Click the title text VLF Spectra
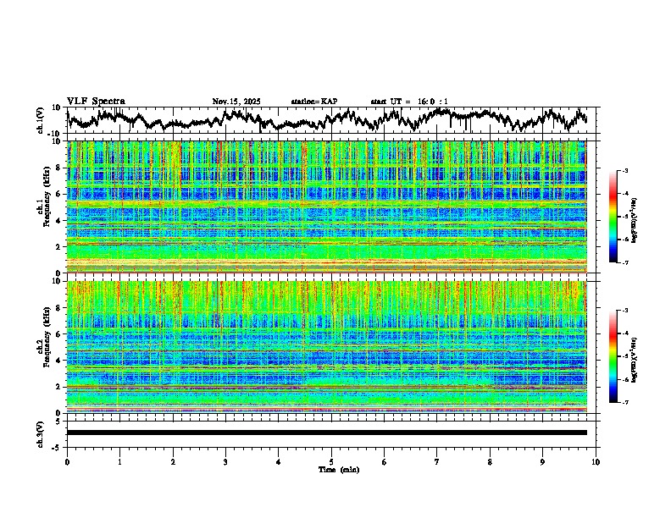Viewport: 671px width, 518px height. tap(96, 102)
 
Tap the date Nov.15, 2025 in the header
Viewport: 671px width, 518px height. tap(236, 102)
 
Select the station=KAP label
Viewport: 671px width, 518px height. tap(313, 102)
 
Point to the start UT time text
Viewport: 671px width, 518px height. tap(409, 102)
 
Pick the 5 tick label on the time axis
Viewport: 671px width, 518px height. tap(331, 461)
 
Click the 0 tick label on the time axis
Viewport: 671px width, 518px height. tap(67, 461)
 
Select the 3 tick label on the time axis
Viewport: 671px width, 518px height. tap(225, 461)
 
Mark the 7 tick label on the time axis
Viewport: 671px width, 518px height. tap(437, 461)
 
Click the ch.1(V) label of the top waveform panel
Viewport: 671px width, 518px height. tap(41, 120)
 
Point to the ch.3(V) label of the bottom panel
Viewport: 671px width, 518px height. tap(41, 432)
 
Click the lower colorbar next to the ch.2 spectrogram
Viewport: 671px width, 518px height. tap(624, 356)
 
